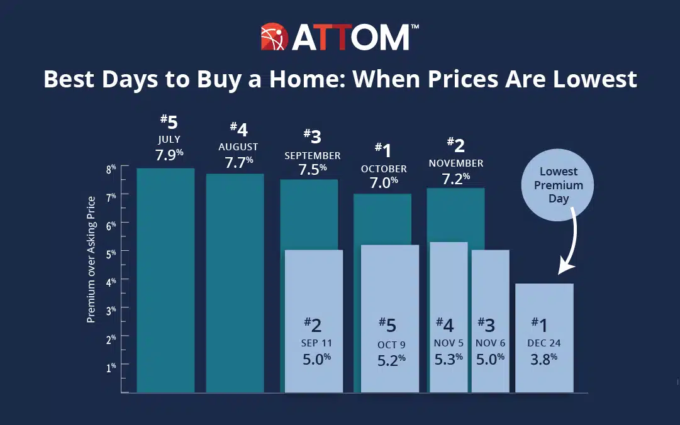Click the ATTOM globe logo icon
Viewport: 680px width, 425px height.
(x=274, y=38)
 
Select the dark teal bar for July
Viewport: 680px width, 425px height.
(x=165, y=280)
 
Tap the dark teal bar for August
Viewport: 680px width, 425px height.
(x=235, y=283)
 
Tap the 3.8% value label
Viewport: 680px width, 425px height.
(x=544, y=361)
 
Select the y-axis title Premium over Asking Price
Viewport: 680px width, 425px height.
(x=91, y=259)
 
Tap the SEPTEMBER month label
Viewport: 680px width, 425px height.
(x=313, y=155)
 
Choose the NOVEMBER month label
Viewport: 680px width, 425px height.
(x=456, y=163)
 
